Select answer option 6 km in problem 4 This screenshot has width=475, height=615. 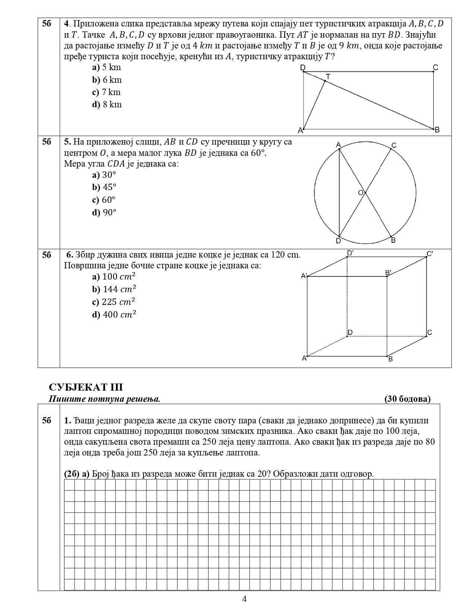(107, 80)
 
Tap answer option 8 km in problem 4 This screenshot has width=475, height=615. (107, 104)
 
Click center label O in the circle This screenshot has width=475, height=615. (360, 193)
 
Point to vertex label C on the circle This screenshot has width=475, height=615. (394, 146)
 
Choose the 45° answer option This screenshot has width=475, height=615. (105, 187)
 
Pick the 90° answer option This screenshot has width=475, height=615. (105, 212)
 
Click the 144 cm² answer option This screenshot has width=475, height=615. (114, 289)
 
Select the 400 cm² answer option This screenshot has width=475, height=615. (114, 315)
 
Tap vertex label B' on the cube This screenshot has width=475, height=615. (388, 273)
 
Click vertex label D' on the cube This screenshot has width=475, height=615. (350, 253)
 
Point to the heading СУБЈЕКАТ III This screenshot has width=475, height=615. (86, 387)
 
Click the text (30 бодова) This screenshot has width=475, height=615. (407, 399)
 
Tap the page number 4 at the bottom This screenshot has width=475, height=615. (244, 599)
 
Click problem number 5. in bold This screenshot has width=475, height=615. (67, 142)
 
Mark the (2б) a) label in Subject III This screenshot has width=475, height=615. (77, 474)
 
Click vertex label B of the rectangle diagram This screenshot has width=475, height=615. (437, 130)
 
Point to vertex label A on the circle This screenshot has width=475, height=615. (338, 145)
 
